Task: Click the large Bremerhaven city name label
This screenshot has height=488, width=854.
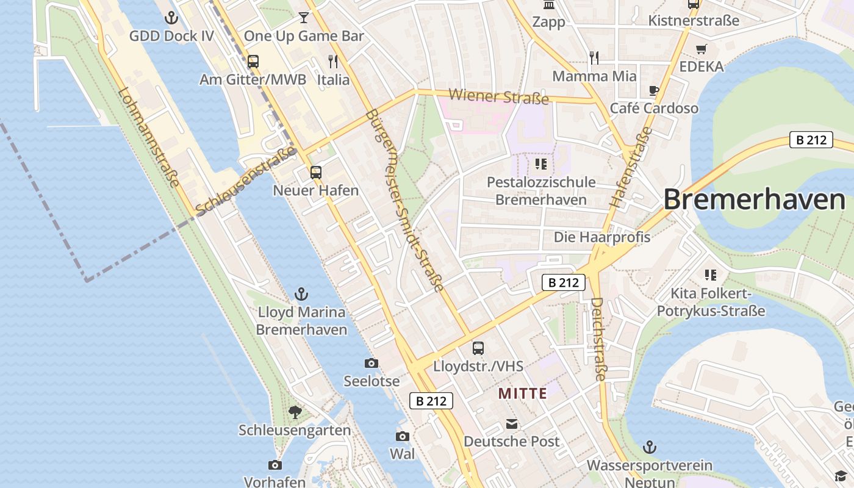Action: (754, 200)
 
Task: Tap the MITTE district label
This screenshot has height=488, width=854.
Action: (523, 393)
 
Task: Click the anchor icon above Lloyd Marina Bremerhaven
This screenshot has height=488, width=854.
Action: (301, 295)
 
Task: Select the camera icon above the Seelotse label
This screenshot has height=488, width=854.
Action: (371, 364)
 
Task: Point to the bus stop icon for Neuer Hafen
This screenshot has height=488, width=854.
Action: (315, 173)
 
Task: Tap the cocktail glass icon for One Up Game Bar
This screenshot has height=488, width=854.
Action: (303, 17)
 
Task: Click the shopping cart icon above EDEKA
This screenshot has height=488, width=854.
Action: (701, 49)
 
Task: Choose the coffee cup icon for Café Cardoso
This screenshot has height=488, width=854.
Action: (654, 91)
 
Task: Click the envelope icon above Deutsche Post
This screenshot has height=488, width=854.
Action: (511, 424)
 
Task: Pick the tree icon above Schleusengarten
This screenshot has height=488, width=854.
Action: (295, 412)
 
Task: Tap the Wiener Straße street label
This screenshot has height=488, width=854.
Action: (498, 96)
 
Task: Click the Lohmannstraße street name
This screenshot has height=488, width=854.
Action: (149, 138)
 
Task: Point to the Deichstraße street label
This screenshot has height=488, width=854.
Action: (598, 339)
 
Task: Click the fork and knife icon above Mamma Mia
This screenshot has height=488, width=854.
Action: (594, 58)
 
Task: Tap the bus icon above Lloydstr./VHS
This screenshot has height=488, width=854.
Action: (478, 348)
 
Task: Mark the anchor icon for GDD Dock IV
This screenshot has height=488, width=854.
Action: (171, 18)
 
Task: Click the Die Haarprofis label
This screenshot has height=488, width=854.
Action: (601, 237)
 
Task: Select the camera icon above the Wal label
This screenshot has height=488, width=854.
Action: (402, 436)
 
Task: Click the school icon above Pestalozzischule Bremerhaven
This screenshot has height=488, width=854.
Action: (540, 164)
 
